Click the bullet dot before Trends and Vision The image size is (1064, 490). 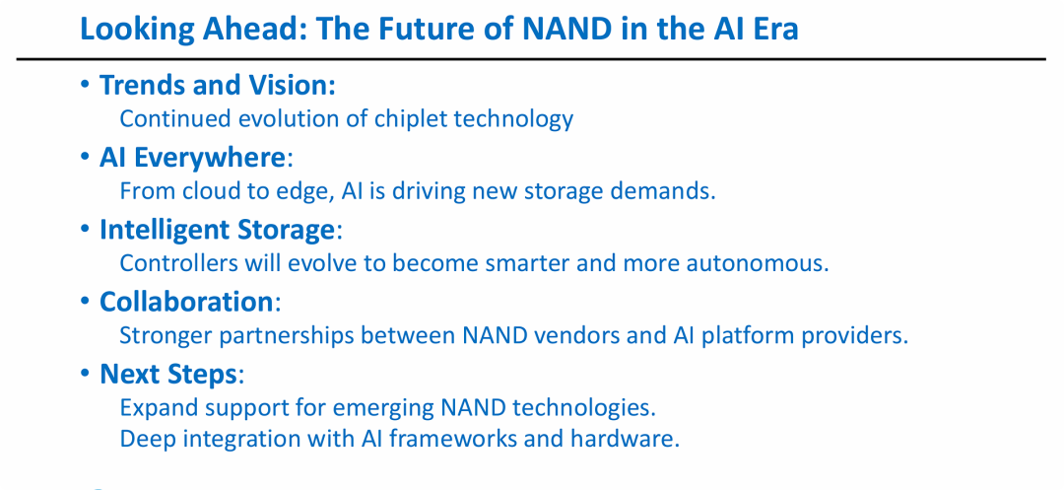coord(85,84)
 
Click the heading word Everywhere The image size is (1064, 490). coord(209,158)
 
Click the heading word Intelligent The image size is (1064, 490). coord(165,231)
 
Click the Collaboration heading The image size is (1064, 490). coord(186,302)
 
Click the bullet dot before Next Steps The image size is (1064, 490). coord(85,373)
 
